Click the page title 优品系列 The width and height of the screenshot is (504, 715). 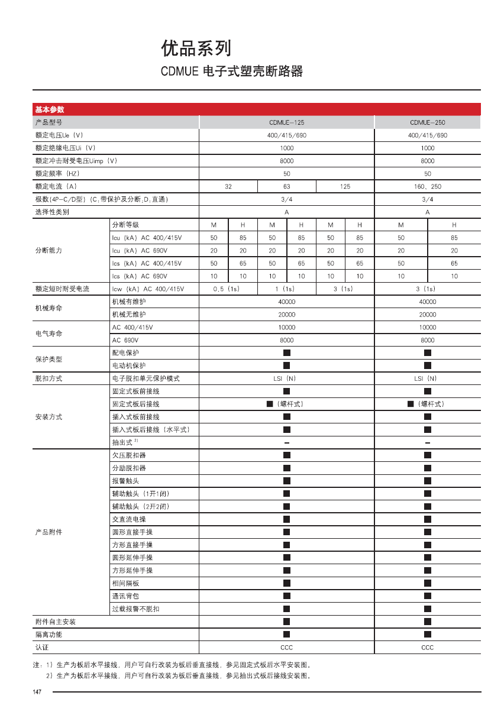tap(196, 48)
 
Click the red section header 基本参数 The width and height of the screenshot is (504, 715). tap(50, 109)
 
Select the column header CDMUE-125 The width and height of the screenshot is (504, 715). tap(286, 122)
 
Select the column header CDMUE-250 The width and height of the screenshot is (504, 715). tap(427, 122)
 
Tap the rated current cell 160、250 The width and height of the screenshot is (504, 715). tap(427, 186)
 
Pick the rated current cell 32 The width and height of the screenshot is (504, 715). tap(228, 186)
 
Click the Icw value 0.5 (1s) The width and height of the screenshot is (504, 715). tap(228, 289)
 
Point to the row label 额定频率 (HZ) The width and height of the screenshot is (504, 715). tap(57, 174)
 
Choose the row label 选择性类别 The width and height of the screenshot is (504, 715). tap(52, 212)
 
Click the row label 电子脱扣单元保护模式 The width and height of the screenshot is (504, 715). tap(146, 378)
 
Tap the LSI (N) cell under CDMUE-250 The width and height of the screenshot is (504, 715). tap(427, 378)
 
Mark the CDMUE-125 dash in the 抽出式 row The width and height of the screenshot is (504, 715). tap(286, 443)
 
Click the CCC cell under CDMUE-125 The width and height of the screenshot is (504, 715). tap(286, 648)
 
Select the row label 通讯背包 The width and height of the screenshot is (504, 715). tap(125, 596)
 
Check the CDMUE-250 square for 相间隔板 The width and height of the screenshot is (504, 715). tap(427, 583)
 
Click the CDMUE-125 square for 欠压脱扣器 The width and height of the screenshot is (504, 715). tap(286, 455)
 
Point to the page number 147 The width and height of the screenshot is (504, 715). tap(37, 692)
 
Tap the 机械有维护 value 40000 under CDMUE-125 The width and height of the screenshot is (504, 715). tap(286, 302)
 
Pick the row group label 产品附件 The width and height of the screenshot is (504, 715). tap(49, 532)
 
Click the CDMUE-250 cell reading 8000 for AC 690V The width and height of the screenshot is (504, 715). tap(427, 340)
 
